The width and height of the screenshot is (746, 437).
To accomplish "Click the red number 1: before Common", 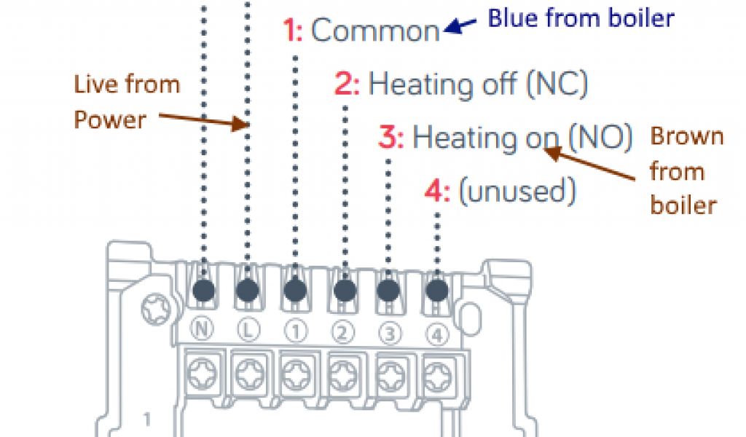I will (293, 31).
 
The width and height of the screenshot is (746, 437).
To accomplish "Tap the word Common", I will (375, 31).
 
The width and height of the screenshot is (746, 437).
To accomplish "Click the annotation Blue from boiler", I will (581, 18).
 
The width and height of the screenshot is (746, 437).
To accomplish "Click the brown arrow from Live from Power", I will (204, 119).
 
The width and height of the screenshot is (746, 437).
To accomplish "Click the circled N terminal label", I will (203, 329).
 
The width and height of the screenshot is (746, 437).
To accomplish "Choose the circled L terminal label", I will (247, 329).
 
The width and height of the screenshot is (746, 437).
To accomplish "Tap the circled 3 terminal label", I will (389, 332).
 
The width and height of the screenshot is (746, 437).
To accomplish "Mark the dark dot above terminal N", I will (204, 290).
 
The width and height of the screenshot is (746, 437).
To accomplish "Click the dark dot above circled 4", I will (436, 291).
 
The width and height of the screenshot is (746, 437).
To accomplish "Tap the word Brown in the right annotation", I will (687, 137).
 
